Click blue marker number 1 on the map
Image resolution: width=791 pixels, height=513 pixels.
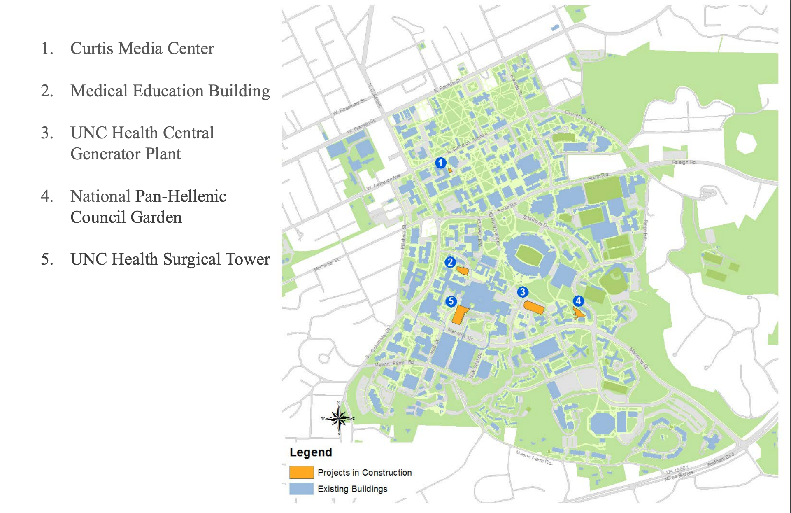click(440, 163)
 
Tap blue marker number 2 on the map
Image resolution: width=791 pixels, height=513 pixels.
click(450, 262)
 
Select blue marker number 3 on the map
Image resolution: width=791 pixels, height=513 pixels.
click(522, 292)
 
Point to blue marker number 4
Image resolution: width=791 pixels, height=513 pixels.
click(578, 301)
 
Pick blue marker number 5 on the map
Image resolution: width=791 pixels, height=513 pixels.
click(451, 301)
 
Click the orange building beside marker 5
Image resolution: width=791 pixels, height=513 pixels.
click(460, 315)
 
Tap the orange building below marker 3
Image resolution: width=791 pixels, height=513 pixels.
click(534, 308)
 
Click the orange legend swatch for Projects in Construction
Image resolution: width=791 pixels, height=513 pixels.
click(301, 472)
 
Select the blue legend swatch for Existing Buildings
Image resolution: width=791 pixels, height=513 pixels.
click(301, 489)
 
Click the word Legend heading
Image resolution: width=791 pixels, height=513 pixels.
click(311, 452)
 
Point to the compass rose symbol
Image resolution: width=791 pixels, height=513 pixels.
click(338, 419)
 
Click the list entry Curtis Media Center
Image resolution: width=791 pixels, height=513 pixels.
click(142, 49)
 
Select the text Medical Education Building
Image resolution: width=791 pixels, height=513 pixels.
click(170, 91)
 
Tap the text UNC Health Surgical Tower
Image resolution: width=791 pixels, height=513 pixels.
click(170, 259)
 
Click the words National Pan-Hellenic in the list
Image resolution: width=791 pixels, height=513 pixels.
click(148, 196)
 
